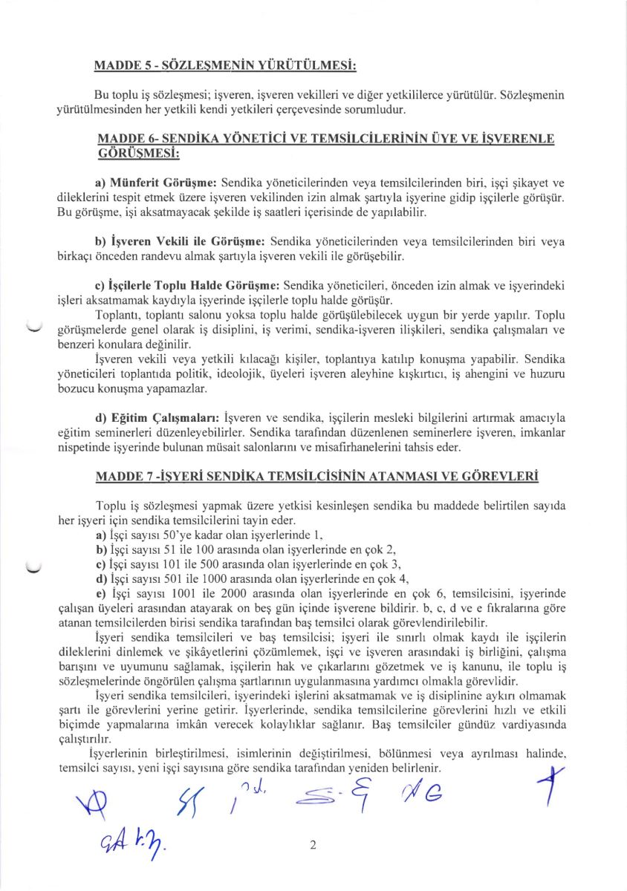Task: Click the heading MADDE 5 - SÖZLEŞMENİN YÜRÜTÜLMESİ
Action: coord(225,66)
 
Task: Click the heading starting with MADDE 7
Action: coord(317,475)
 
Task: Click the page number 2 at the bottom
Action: coord(313,845)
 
